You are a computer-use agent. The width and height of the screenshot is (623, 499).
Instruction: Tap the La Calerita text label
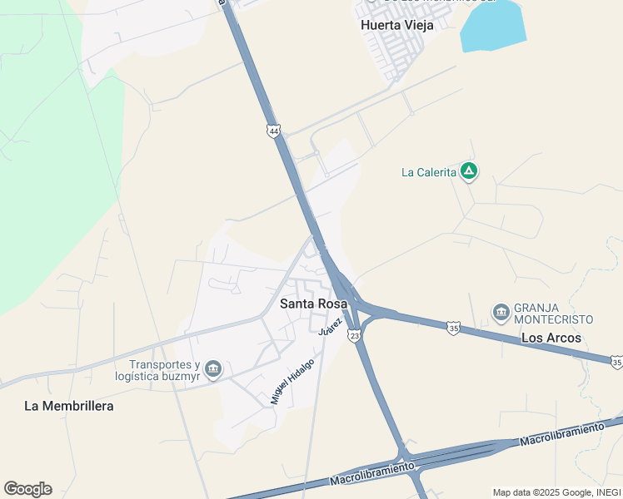(429, 172)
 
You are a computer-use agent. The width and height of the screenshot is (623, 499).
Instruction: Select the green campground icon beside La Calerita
(470, 171)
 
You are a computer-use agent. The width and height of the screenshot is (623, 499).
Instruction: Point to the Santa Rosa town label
(313, 304)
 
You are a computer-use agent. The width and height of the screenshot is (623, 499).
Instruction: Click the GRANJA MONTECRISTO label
(554, 313)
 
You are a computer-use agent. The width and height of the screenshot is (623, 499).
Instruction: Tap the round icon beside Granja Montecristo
(501, 313)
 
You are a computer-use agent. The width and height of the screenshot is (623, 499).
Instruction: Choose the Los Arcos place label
(551, 338)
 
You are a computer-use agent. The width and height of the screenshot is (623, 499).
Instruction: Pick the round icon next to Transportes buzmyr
(213, 369)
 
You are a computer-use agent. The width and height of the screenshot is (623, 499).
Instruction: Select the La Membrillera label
(68, 406)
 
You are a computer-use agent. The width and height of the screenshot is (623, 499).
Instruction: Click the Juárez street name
(331, 325)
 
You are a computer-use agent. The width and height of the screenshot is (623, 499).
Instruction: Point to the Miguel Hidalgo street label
(292, 381)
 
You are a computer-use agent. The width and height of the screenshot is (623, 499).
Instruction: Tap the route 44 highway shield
(274, 131)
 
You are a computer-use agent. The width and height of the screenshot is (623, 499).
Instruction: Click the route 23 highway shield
(355, 335)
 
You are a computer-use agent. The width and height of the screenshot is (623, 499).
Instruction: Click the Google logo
(27, 488)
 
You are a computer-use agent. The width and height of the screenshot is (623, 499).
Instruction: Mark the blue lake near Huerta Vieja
(493, 25)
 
